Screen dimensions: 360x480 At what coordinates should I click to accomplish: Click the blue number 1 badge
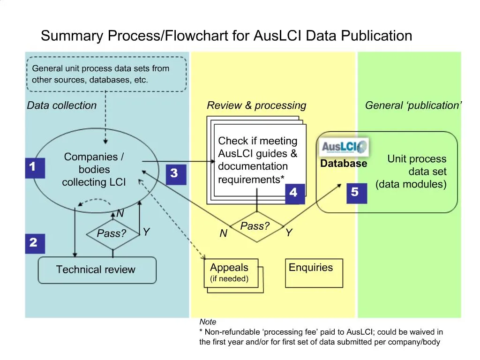pyautogui.click(x=35, y=168)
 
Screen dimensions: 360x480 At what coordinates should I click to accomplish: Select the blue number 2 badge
pyautogui.click(x=35, y=243)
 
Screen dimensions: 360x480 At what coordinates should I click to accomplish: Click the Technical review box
pyautogui.click(x=97, y=270)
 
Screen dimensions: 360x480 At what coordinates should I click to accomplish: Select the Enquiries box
pyautogui.click(x=314, y=273)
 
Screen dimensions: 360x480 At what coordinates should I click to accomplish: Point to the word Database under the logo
pyautogui.click(x=344, y=164)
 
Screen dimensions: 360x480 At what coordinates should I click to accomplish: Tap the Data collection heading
pyautogui.click(x=62, y=105)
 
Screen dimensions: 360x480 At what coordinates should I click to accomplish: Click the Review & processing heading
pyautogui.click(x=256, y=105)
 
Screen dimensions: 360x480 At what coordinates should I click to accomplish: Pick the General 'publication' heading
pyautogui.click(x=413, y=105)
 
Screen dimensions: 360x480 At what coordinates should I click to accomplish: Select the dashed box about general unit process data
pyautogui.click(x=106, y=74)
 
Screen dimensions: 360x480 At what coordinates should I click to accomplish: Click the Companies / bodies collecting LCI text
pyautogui.click(x=94, y=170)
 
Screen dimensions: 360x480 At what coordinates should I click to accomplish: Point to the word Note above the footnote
pyautogui.click(x=208, y=322)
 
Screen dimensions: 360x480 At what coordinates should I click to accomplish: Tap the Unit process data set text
pyautogui.click(x=412, y=172)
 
